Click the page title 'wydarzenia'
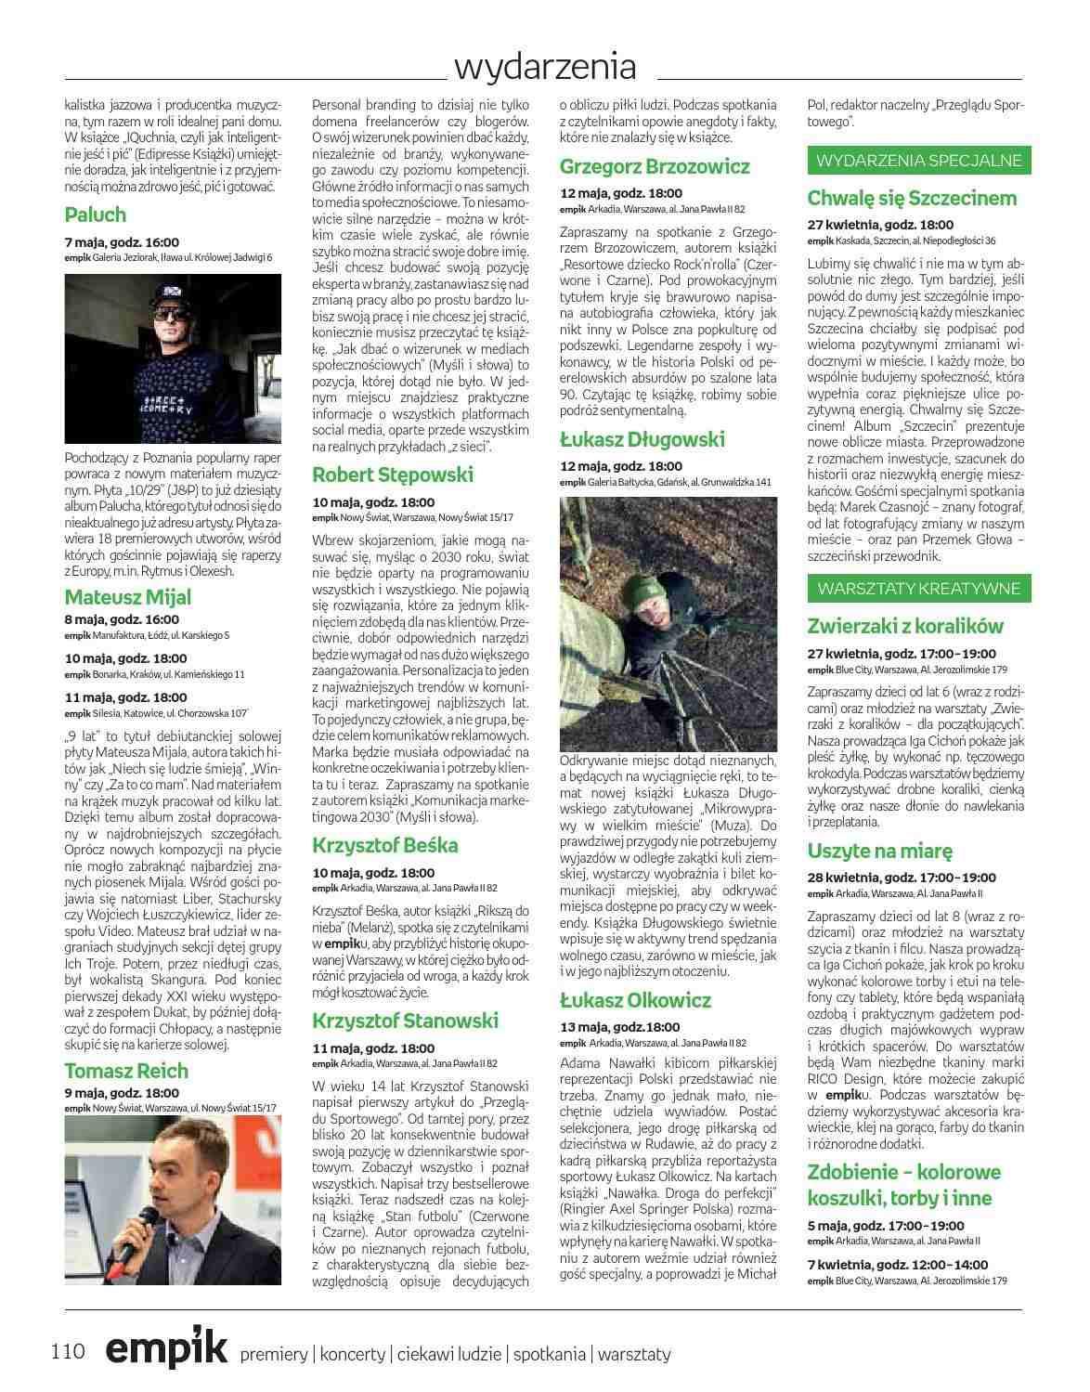[x=546, y=67]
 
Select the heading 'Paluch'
[x=96, y=215]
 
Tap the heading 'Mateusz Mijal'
[x=128, y=597]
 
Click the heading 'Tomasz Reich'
[x=126, y=1071]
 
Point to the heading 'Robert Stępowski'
[x=393, y=475]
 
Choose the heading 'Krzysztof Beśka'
[x=385, y=845]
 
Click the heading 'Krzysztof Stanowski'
[x=406, y=1021]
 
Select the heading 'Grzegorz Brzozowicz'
[x=655, y=167]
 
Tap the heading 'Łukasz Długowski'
[x=642, y=439]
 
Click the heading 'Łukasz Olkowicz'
[x=636, y=1000]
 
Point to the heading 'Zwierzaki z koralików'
[x=905, y=626]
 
